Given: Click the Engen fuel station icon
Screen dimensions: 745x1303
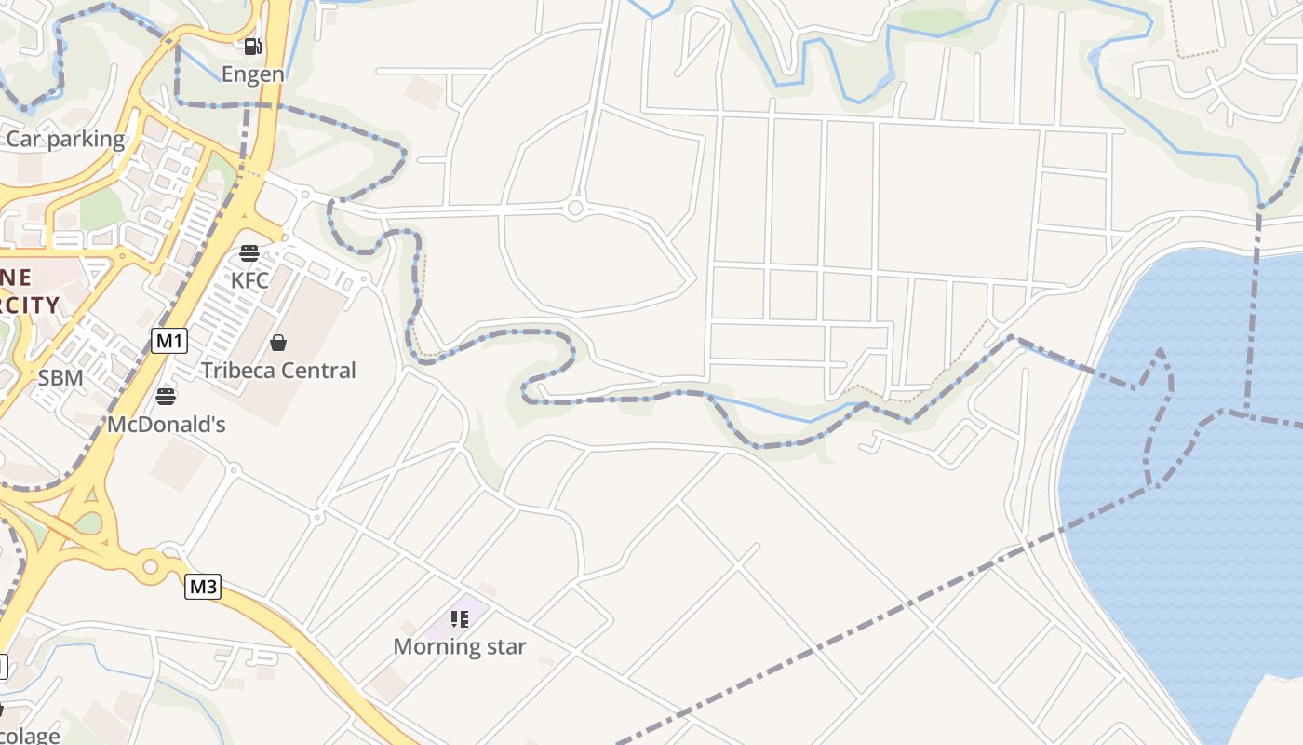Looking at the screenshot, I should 252,47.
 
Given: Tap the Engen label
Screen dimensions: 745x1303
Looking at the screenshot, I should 252,74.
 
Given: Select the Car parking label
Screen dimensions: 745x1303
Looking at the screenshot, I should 65,140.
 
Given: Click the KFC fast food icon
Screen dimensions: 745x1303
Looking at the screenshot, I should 249,253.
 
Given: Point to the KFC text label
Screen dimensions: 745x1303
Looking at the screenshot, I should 249,279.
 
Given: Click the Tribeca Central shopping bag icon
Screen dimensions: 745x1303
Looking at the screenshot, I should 277,344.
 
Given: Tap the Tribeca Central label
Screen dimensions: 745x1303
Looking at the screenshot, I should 278,371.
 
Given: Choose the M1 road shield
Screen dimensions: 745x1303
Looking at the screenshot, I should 168,341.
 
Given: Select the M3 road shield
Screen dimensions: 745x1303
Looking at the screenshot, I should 203,587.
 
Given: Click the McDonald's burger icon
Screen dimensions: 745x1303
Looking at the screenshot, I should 166,398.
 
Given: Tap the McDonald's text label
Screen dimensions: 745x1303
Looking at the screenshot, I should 167,425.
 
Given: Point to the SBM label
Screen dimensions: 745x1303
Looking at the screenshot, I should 60,378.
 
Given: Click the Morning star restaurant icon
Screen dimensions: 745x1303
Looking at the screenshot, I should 459,619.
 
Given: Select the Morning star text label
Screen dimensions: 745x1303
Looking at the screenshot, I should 460,646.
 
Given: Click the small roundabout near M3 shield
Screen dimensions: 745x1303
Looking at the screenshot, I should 150,565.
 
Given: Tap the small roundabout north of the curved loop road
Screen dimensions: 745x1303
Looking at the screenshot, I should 575,209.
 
